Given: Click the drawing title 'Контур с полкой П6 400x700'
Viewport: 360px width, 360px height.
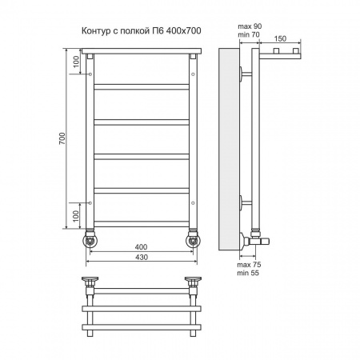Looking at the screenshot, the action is tap(141, 31).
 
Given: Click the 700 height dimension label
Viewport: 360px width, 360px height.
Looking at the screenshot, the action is tap(62, 138).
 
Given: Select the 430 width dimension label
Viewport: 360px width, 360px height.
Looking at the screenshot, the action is tap(142, 257).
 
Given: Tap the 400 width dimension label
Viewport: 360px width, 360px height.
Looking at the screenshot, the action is tap(141, 247).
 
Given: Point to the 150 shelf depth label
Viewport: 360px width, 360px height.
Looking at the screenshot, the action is tap(280, 38).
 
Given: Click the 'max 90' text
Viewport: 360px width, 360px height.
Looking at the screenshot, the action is tap(250, 26).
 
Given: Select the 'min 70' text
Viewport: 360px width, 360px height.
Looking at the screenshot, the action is tap(249, 34).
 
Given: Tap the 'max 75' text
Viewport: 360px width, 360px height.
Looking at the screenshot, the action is tap(249, 265).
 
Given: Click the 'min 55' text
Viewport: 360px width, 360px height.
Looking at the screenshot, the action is tap(248, 273).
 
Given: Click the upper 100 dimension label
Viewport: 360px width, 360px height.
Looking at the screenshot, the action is tap(76, 62).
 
